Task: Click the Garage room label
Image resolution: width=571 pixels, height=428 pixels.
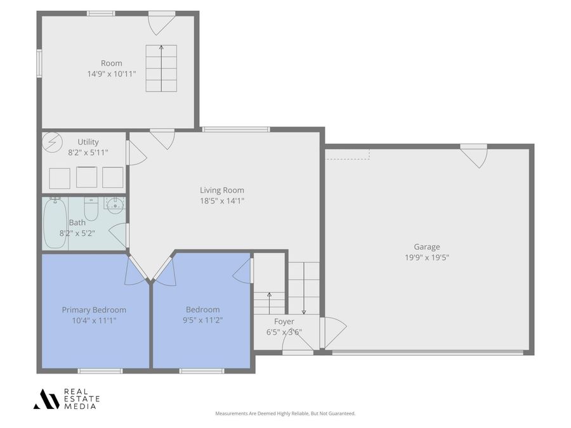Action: (x=426, y=247)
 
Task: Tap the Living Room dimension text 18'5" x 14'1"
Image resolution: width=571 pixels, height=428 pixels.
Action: (x=221, y=201)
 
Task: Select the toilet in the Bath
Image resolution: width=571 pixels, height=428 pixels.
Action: (x=91, y=209)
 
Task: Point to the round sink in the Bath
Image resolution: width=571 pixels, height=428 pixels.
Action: (x=115, y=204)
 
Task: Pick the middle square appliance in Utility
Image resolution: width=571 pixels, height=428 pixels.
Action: (x=87, y=177)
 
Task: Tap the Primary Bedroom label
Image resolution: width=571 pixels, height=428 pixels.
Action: (x=94, y=309)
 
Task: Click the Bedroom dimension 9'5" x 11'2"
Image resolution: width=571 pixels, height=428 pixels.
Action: (x=202, y=320)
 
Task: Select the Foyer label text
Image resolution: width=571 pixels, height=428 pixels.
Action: (x=284, y=321)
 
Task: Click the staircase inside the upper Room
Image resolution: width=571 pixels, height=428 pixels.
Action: (x=161, y=68)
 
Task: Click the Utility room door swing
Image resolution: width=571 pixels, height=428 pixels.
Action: (x=136, y=153)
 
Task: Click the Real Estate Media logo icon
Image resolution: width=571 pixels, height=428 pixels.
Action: (x=46, y=399)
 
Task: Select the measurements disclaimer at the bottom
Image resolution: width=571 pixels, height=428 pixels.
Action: (x=285, y=413)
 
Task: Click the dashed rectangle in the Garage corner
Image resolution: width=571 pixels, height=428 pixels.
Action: (x=347, y=154)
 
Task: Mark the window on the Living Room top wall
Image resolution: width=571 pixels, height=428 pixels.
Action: (x=235, y=129)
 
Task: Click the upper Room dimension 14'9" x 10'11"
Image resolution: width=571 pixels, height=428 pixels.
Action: (x=111, y=74)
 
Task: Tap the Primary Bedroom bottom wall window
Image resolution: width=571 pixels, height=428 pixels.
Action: (x=100, y=371)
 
